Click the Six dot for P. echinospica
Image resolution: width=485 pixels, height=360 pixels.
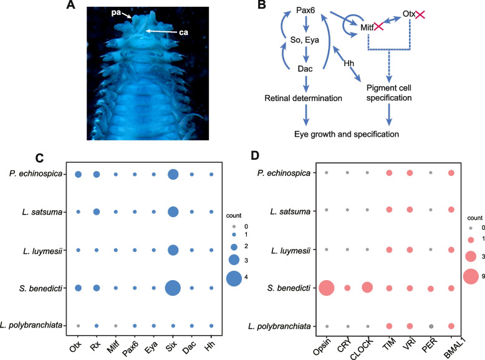coord(173,175)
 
